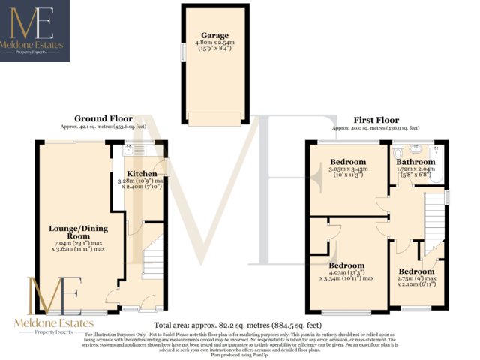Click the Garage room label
coord(214,35)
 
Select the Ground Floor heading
coord(103,118)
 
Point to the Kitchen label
coord(142,174)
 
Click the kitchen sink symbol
coord(128,148)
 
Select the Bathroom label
coord(415,162)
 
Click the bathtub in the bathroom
coord(438,160)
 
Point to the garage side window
coord(181,53)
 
